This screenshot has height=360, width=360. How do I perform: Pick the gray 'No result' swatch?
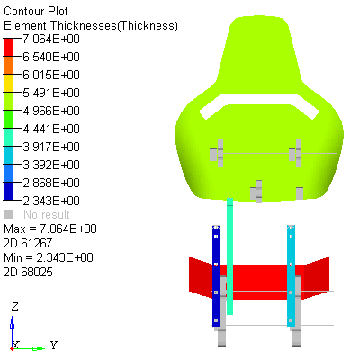pos(8,214)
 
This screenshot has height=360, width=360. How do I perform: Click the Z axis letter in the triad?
pos(15,306)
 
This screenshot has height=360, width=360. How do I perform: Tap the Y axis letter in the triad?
pos(54,345)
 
